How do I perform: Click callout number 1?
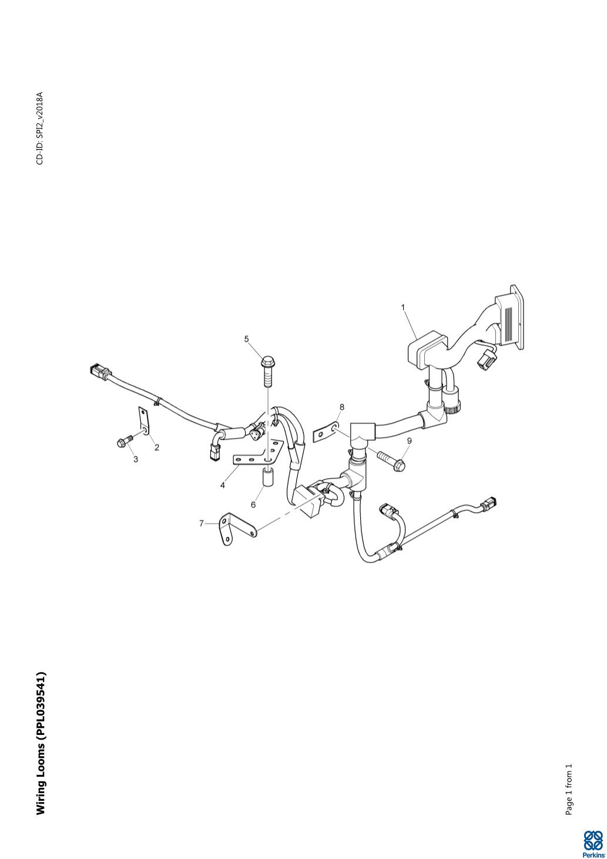point(403,307)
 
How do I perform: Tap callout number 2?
point(157,447)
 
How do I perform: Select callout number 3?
point(136,459)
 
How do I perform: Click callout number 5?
point(247,339)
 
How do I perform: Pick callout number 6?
point(253,504)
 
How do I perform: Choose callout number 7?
point(202,523)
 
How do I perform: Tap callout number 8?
point(342,407)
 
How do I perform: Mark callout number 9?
point(409,440)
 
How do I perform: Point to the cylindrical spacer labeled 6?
point(267,477)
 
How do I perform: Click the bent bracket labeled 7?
point(232,528)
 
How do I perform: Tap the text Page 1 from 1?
point(568,790)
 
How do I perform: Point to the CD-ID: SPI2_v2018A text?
point(39,128)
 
